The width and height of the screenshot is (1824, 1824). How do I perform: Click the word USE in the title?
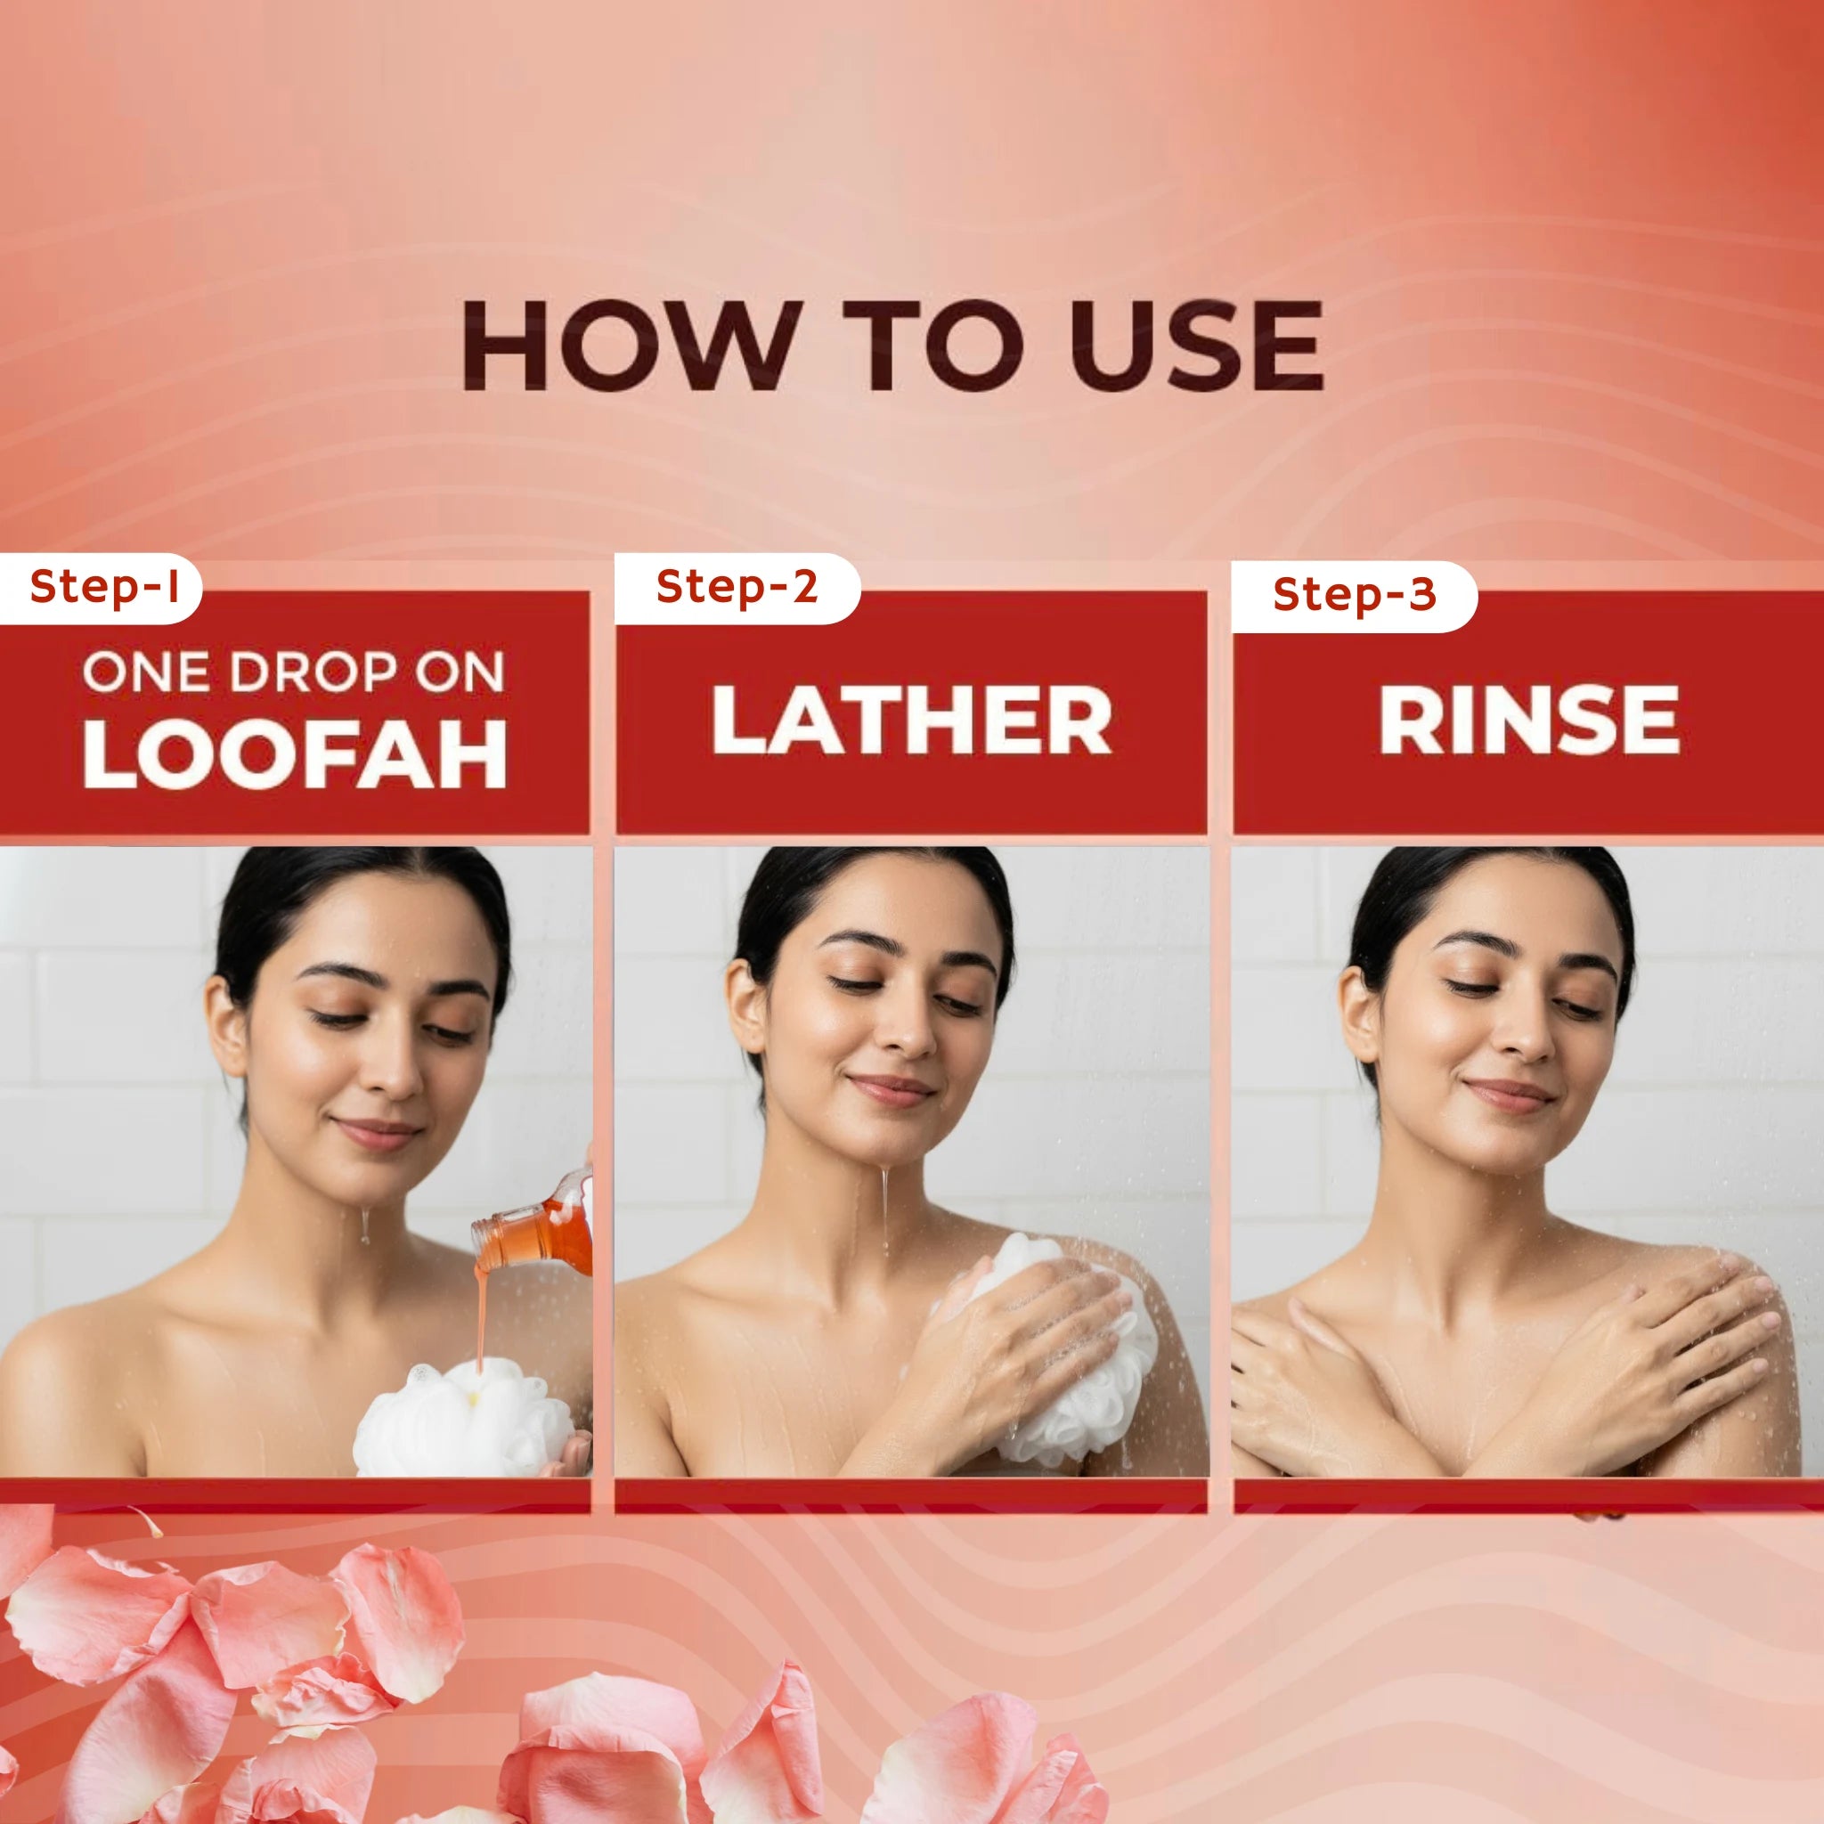pyautogui.click(x=1196, y=345)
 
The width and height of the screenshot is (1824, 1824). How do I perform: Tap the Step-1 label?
pyautogui.click(x=104, y=586)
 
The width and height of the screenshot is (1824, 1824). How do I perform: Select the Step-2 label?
pyautogui.click(x=737, y=586)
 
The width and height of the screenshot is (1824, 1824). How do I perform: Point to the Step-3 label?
pyautogui.click(x=1354, y=594)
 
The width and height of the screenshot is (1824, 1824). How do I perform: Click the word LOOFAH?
pyautogui.click(x=296, y=754)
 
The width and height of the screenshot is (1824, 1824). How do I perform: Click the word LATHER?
pyautogui.click(x=911, y=720)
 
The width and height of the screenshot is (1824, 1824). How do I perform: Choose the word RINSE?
pyautogui.click(x=1528, y=720)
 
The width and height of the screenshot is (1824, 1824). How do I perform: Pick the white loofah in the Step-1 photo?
pyautogui.click(x=463, y=1417)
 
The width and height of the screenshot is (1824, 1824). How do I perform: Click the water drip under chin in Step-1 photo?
pyautogui.click(x=363, y=1225)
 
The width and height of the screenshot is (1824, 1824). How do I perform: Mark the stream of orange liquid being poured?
pyautogui.click(x=482, y=1312)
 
